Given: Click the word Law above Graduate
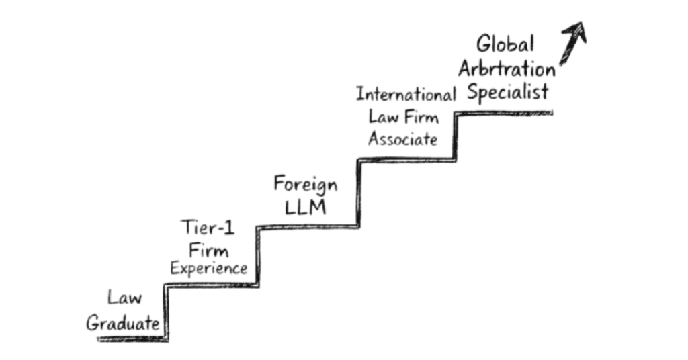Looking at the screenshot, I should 125,298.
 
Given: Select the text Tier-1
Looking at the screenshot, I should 207,228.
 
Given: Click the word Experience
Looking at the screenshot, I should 208,269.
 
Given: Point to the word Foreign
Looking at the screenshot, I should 305,184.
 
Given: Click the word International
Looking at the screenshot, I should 405,94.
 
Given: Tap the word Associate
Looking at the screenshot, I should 403,140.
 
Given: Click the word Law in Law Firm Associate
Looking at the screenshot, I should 381,117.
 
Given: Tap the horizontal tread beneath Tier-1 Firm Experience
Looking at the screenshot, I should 212,285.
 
